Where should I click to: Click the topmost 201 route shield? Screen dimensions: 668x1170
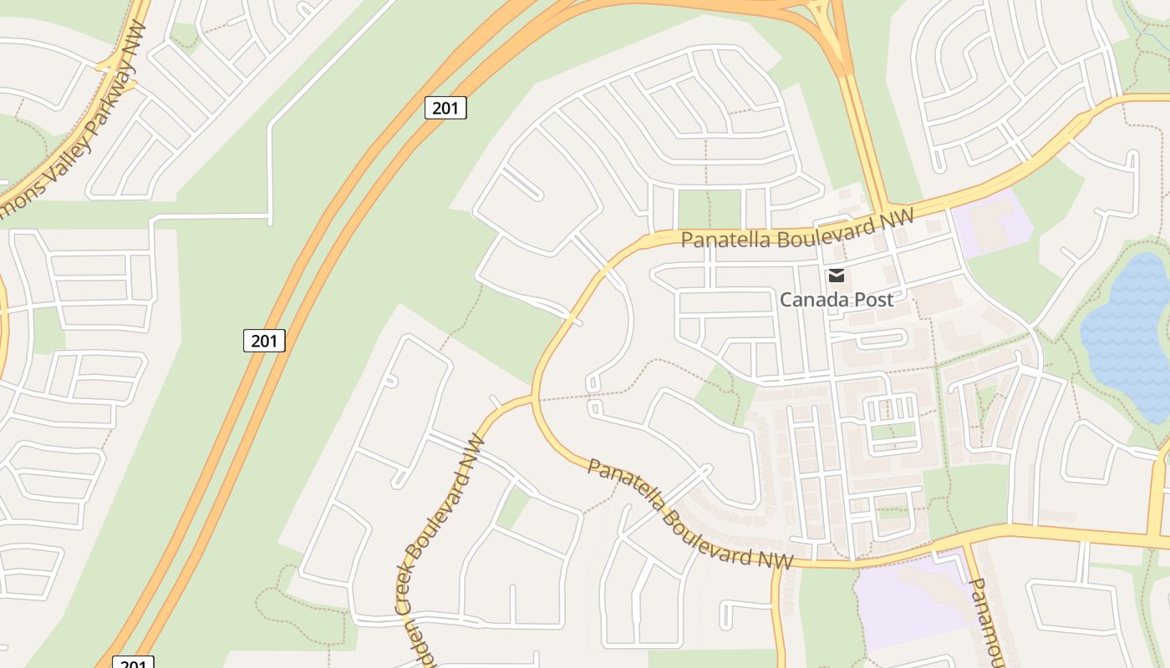click(445, 108)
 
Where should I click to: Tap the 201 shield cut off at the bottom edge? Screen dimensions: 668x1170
click(132, 662)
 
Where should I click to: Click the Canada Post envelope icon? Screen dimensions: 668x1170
click(836, 276)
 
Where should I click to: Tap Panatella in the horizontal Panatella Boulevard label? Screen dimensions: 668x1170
click(723, 240)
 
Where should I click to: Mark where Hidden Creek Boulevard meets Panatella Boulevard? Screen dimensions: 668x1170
click(532, 398)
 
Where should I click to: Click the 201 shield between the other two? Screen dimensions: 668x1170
click(264, 341)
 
